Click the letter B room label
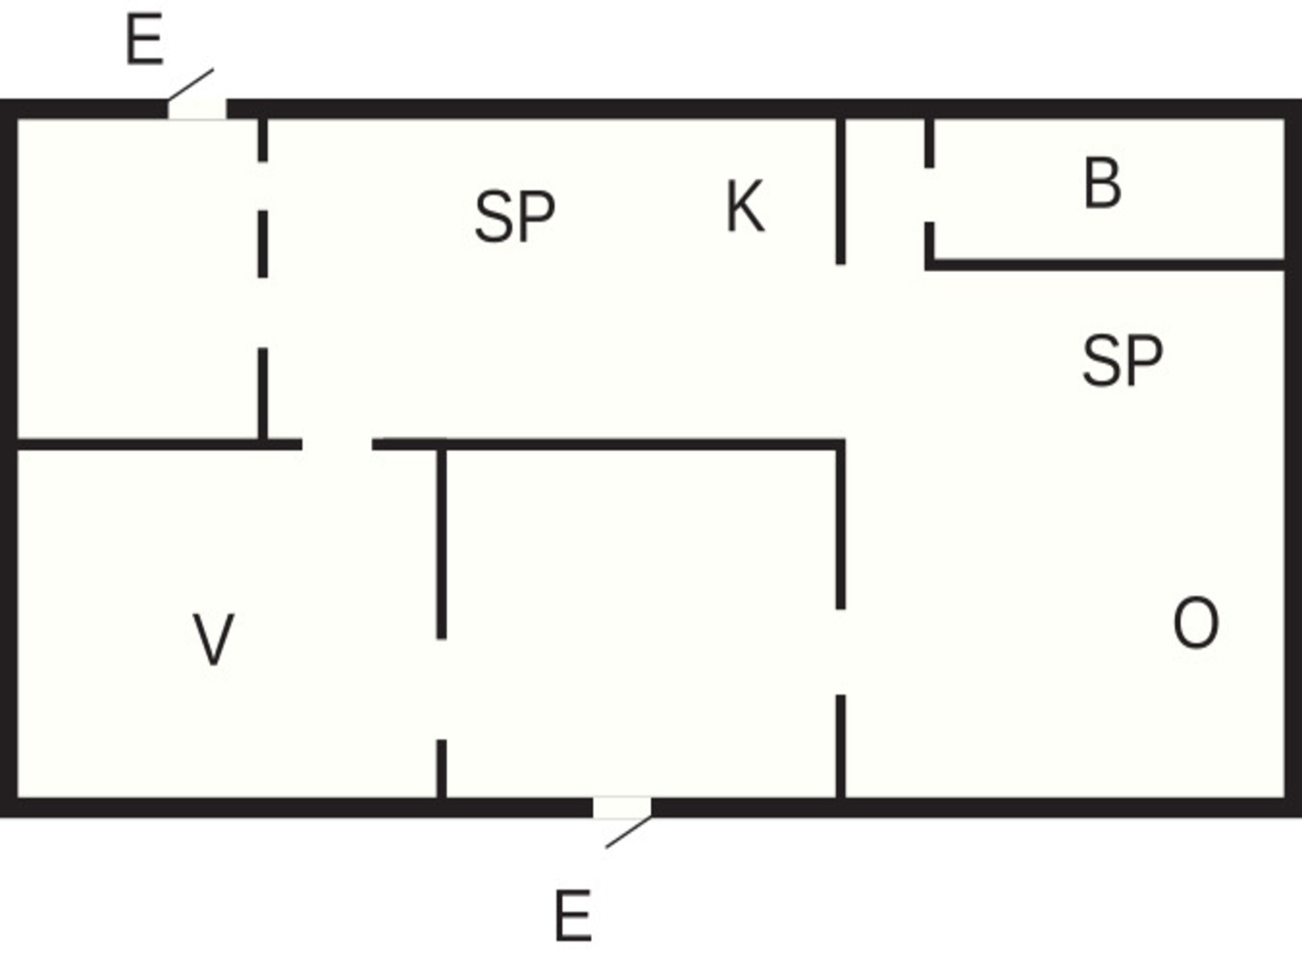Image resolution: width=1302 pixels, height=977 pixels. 1103,183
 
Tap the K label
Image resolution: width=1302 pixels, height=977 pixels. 745,207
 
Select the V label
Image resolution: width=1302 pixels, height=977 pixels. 214,638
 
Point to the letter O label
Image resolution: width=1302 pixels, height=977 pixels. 1196,623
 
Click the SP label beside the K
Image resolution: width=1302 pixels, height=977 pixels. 515,216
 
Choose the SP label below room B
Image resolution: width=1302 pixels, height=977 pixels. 1122,361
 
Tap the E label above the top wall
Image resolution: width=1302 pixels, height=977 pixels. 144,40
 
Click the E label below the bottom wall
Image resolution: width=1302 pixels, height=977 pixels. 573,916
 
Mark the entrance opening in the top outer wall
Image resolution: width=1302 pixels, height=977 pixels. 197,109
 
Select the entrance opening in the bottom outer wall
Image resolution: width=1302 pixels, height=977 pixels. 623,807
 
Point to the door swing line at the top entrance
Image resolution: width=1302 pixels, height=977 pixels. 191,84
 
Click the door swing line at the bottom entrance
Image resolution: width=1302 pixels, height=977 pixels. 629,832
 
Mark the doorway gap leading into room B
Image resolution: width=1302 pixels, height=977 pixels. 930,195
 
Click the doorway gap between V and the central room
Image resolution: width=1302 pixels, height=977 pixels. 441,689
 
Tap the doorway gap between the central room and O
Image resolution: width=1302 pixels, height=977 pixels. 841,652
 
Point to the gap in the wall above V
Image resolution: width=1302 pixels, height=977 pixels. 337,444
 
